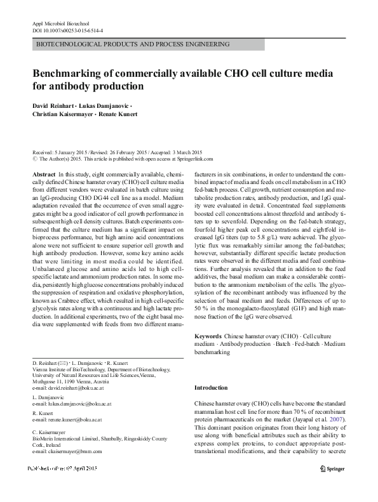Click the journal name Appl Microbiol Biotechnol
pos(58,23)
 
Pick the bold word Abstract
pos(43,174)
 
